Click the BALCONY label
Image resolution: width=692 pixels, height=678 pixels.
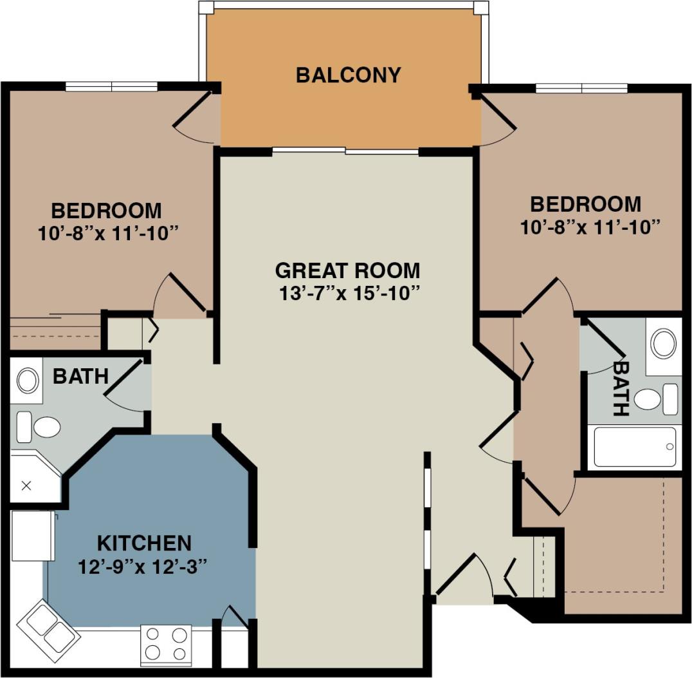point(348,75)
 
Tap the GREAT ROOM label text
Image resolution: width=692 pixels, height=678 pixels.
point(347,270)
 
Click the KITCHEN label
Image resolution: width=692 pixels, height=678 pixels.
point(144,543)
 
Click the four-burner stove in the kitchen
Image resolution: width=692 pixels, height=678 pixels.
point(165,644)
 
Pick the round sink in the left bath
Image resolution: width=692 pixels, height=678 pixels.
point(27,381)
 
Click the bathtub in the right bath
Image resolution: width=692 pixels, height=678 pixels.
point(634,446)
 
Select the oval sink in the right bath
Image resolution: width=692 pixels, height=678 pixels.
point(663,343)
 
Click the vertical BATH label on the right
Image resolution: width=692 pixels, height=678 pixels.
point(621,388)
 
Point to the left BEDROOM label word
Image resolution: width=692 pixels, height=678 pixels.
point(107,211)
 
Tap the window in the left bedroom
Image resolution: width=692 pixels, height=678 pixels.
point(111,86)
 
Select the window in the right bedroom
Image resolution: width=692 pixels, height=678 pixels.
point(581,88)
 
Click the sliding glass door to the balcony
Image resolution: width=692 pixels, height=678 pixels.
point(345,151)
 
